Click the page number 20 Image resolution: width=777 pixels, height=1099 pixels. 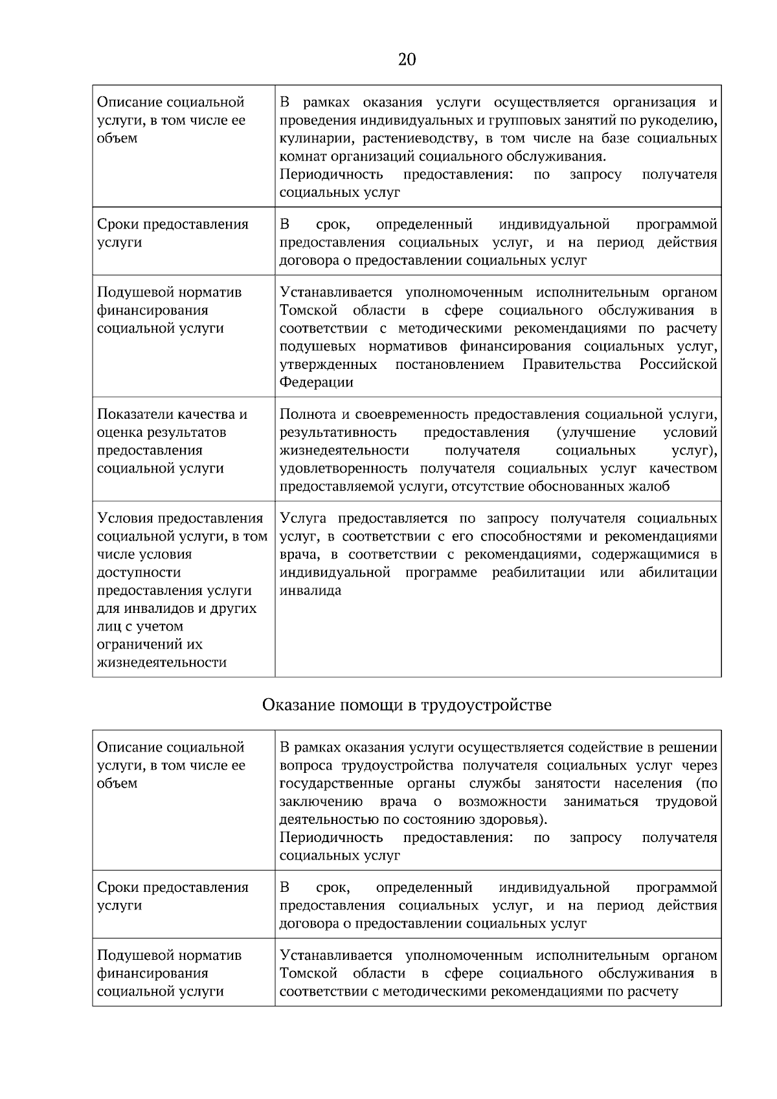coord(407,60)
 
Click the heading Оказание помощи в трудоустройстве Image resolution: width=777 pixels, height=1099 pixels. coord(407,705)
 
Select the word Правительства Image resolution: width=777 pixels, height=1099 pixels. coord(572,364)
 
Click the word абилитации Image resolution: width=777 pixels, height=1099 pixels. coord(678,573)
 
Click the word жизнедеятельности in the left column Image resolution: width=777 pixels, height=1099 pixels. coord(162,663)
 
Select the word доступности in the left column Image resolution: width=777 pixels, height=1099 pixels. coord(139,573)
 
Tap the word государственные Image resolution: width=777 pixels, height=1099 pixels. coord(336,784)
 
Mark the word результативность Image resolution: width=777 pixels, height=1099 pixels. coord(338,432)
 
